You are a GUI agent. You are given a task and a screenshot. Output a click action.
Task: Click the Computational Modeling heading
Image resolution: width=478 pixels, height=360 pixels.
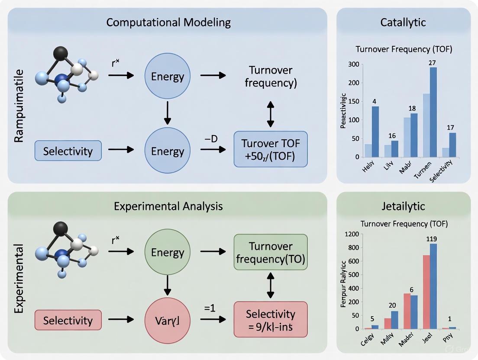(168, 22)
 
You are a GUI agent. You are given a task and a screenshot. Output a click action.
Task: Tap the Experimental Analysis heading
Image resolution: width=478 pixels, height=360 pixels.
(168, 206)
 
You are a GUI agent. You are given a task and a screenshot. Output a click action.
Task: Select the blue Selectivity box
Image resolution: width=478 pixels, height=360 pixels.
(68, 151)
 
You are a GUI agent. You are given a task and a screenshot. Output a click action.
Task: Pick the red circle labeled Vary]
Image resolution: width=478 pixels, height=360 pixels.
(168, 321)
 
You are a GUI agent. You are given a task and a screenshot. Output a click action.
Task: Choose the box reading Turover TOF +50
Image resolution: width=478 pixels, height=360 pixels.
(271, 149)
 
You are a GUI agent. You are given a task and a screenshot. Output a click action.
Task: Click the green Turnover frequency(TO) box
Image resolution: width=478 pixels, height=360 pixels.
(271, 252)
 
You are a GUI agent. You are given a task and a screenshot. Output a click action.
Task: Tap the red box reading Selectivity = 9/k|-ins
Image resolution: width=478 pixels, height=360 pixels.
(271, 320)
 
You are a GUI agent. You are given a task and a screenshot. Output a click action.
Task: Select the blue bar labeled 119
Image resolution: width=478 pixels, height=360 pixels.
(433, 286)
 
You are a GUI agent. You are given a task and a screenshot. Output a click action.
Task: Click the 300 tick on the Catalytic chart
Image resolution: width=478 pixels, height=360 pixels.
(354, 64)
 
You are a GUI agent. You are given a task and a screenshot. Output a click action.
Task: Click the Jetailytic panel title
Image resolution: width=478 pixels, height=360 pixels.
(404, 206)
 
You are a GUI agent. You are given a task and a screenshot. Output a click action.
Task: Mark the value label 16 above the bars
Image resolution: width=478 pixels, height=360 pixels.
(392, 136)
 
